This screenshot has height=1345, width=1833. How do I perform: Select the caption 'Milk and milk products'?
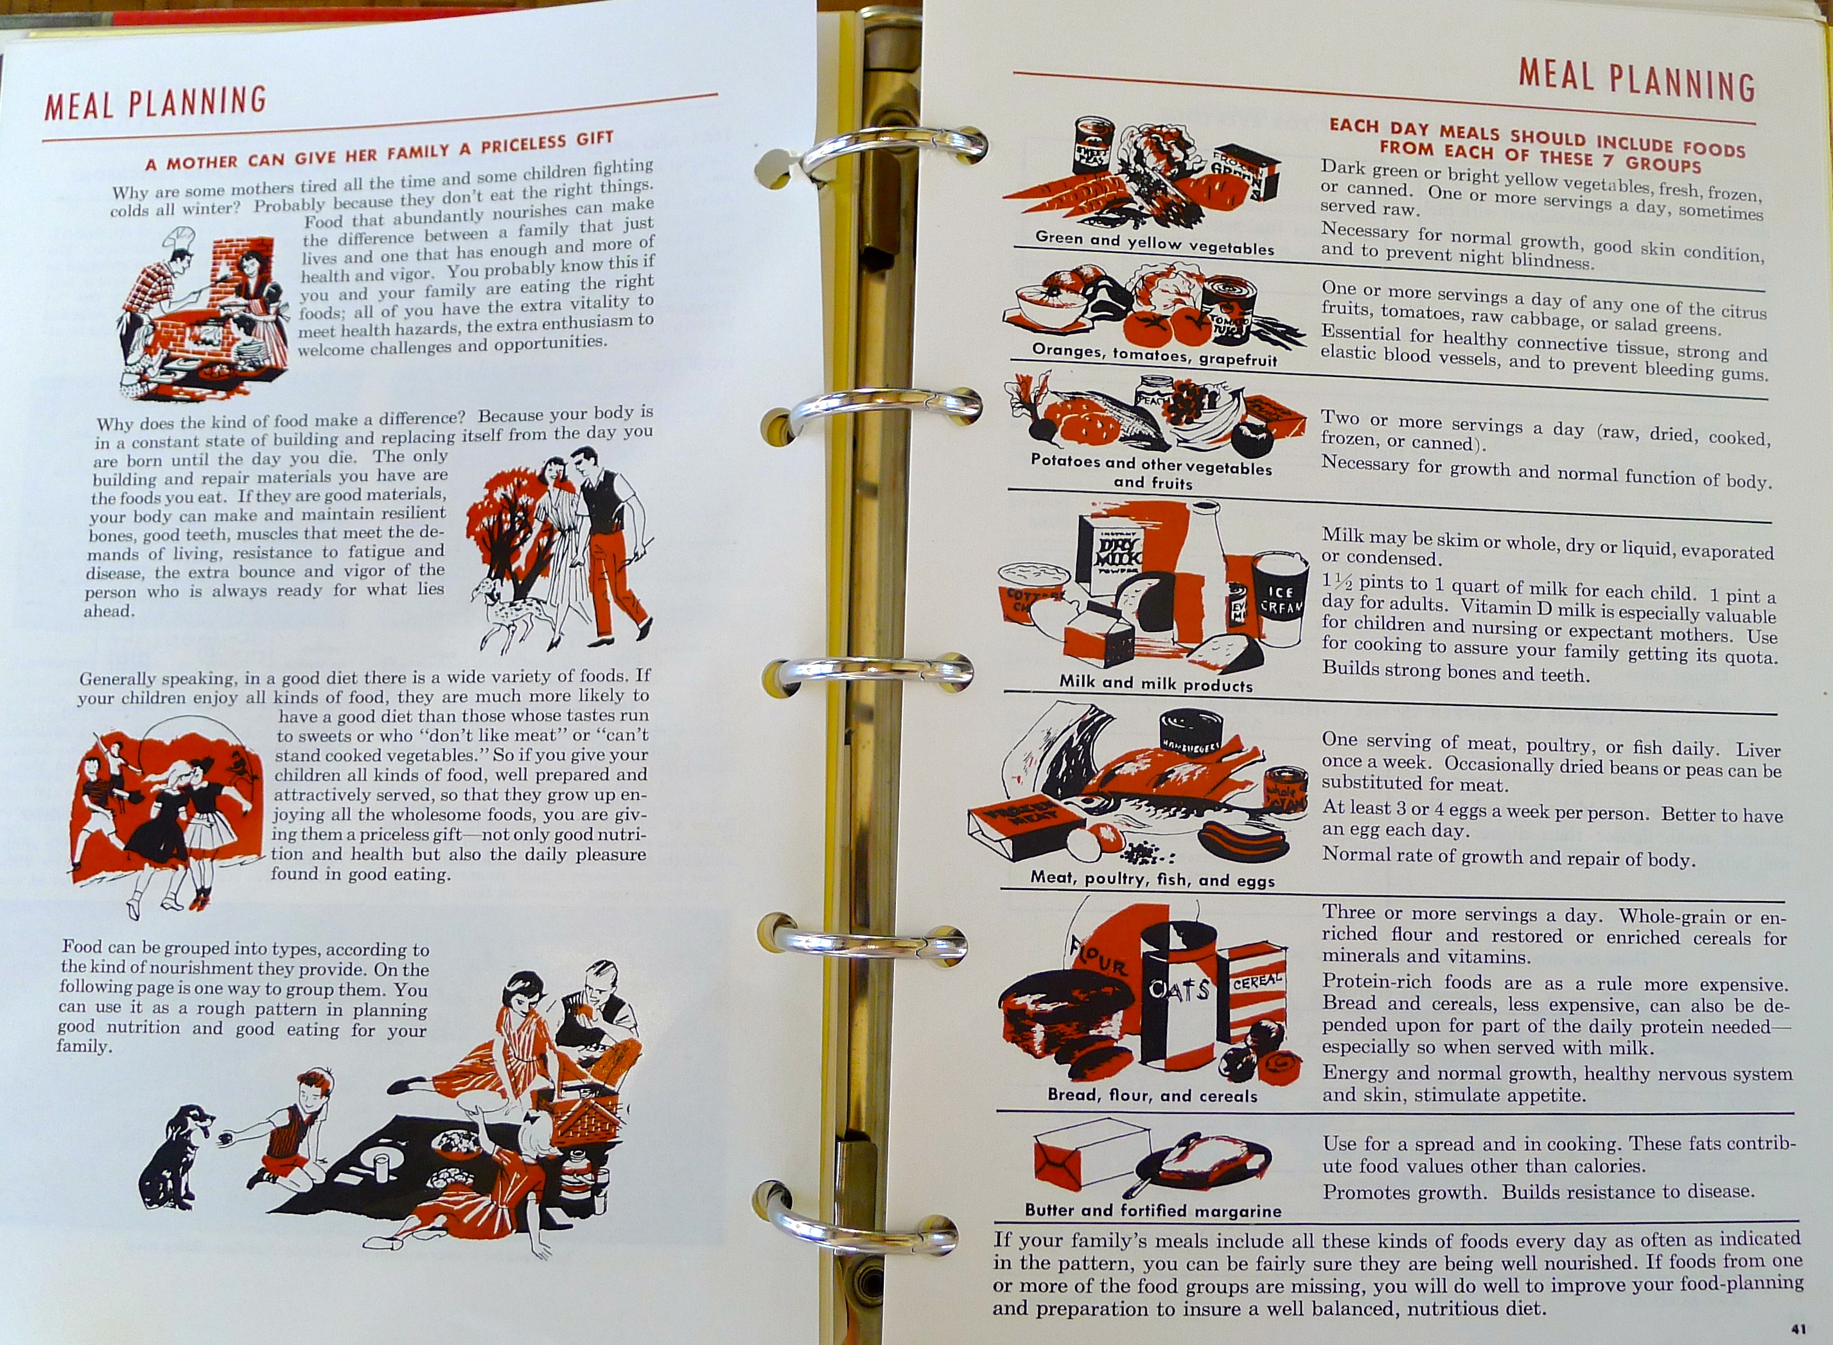click(1156, 683)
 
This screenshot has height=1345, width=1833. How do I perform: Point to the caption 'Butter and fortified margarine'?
click(1153, 1210)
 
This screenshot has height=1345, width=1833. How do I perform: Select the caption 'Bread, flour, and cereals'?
click(1152, 1096)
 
